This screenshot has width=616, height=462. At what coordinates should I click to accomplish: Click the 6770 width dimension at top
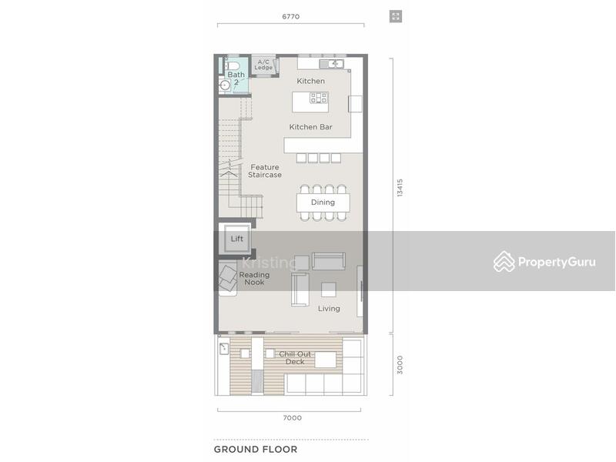coord(291,16)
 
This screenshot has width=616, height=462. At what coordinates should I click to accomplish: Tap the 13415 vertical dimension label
coord(400,188)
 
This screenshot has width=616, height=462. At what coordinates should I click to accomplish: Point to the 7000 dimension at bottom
coord(293,417)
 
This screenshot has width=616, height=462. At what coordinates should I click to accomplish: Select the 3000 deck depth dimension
coord(400,364)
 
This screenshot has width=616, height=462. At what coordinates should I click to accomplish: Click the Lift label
coord(237,239)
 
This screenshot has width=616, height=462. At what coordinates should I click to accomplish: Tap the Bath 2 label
coord(236,79)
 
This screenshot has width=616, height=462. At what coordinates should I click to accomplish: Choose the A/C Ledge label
coord(263,65)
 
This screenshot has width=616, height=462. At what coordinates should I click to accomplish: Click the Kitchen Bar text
coord(311,127)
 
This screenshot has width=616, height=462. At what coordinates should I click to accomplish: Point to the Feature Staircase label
coord(265,171)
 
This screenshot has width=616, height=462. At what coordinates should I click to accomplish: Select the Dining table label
coord(323,203)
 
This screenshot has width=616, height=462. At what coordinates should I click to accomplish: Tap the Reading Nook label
coord(254,279)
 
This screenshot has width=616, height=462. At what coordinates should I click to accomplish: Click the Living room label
coord(329,309)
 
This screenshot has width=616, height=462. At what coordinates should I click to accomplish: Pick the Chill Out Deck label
coord(295,358)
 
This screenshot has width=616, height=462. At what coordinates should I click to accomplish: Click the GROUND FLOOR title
coord(256,450)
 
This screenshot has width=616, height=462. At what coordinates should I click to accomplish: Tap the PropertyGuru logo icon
coord(504,261)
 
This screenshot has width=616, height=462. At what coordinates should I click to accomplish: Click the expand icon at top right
coord(396,16)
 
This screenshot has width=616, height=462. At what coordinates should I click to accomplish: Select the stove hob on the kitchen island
coord(319,98)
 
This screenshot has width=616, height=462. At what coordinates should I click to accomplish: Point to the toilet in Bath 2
coord(233,65)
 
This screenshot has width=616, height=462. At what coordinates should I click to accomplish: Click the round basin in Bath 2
coord(225,85)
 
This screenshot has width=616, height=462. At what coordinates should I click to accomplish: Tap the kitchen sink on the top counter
coord(332,64)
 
